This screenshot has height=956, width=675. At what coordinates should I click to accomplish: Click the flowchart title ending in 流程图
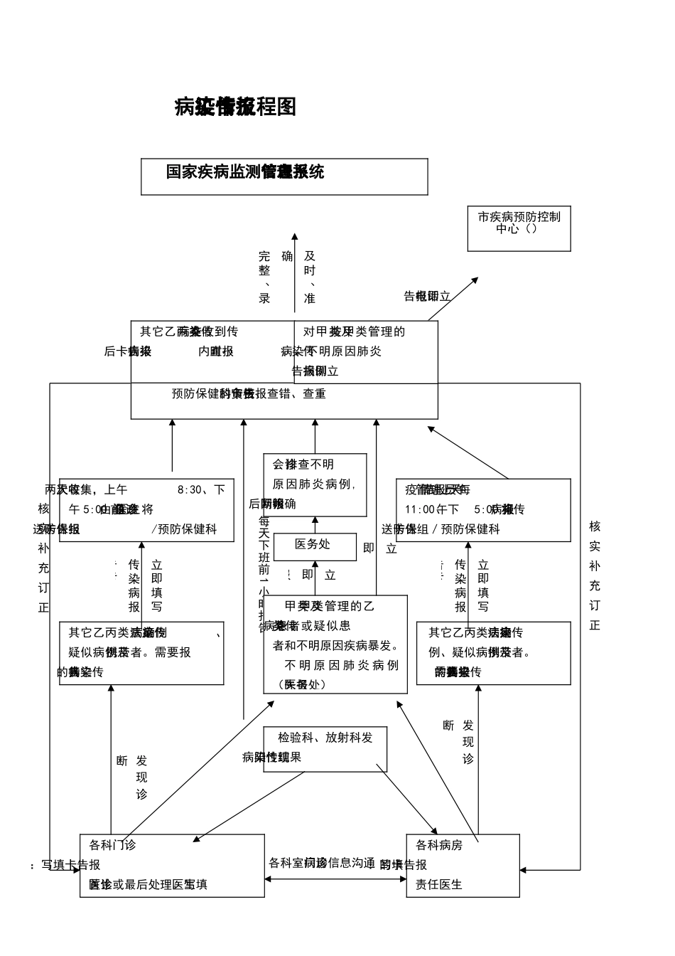tap(235, 107)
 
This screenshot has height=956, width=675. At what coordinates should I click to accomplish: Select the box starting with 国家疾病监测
tap(284, 176)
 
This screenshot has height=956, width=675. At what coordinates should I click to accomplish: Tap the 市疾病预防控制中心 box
tap(519, 229)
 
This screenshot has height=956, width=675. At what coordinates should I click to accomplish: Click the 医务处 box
tap(315, 546)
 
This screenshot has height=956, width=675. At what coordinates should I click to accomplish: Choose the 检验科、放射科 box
tap(325, 748)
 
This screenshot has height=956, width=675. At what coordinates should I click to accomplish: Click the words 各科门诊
tap(112, 845)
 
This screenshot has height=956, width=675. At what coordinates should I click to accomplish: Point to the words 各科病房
tap(439, 845)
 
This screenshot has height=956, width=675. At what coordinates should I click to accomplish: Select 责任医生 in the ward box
tap(439, 884)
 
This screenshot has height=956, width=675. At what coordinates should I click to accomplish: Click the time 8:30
tap(191, 489)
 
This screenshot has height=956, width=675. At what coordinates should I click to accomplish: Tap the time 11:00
tap(418, 509)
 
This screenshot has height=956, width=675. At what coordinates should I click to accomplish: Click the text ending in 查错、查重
tap(249, 393)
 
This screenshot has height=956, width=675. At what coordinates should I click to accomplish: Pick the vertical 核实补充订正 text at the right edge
tap(595, 575)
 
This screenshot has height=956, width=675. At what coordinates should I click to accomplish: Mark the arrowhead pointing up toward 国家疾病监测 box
tap(295, 238)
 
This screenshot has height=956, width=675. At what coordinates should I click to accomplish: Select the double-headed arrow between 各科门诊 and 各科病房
tap(335, 879)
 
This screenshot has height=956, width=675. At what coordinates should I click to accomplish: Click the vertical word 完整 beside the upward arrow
tap(264, 263)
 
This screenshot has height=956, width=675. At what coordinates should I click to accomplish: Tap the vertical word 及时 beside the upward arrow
tap(310, 263)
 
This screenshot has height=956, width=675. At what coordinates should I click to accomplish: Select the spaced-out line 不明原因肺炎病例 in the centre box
tap(341, 665)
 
